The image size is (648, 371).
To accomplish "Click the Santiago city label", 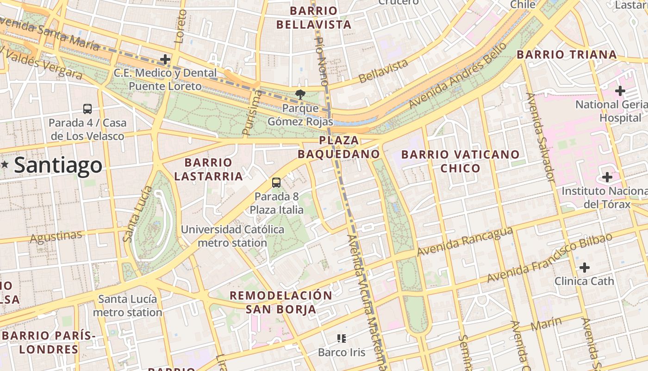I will [58, 165].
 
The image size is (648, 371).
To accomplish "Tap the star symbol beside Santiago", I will [5, 164].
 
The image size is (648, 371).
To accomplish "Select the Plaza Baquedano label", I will [339, 147].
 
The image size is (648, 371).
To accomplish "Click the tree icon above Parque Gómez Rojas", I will [300, 95].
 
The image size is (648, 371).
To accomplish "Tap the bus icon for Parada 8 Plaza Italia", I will [276, 182].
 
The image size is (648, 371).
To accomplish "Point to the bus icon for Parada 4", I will [87, 109].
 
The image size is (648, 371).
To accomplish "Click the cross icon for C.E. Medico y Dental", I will [165, 59].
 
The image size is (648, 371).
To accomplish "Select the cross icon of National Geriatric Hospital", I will [620, 90].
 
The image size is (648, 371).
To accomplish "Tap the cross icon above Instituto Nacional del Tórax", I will [607, 177].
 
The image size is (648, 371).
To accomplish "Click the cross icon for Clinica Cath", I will [585, 268].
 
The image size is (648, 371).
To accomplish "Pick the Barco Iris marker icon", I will [342, 339].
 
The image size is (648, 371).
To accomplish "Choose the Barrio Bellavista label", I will [314, 18].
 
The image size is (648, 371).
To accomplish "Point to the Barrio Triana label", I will [567, 55].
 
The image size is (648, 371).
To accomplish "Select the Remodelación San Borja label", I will [281, 302].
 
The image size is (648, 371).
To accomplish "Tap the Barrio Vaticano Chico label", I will [461, 161].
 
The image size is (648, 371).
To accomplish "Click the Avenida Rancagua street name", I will [465, 242].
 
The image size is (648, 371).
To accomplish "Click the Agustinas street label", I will [56, 237].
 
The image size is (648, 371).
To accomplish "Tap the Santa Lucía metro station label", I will [128, 306].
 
